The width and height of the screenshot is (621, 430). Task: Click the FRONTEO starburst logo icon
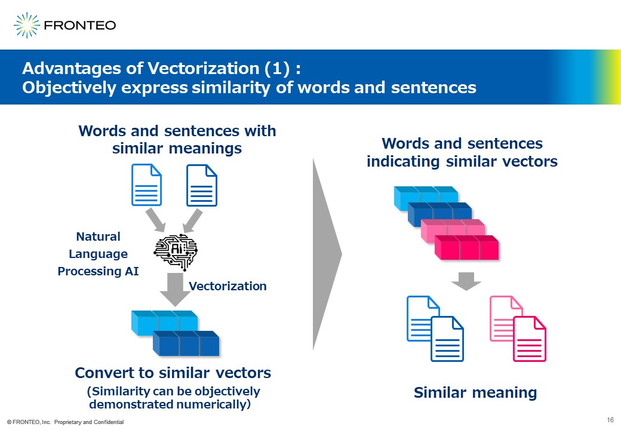(27, 25)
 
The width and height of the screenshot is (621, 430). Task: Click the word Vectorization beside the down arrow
(228, 286)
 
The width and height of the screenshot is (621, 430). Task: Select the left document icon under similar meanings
(146, 185)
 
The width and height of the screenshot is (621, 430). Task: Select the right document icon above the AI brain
(202, 185)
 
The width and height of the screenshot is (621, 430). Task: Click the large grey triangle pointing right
(327, 254)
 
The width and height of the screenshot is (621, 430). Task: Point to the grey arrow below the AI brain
(175, 290)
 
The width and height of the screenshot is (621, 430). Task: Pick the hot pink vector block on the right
(466, 247)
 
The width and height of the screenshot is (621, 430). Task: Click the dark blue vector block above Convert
(186, 343)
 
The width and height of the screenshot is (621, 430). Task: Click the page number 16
(610, 420)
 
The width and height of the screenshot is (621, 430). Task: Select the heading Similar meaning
(475, 392)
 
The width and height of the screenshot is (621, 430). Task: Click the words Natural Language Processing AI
(98, 254)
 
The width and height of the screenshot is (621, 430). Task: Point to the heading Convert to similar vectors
(173, 373)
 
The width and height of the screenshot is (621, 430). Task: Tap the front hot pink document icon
(530, 339)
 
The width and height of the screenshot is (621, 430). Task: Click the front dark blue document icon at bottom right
(447, 339)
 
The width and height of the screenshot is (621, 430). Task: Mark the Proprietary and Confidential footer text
(89, 422)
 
